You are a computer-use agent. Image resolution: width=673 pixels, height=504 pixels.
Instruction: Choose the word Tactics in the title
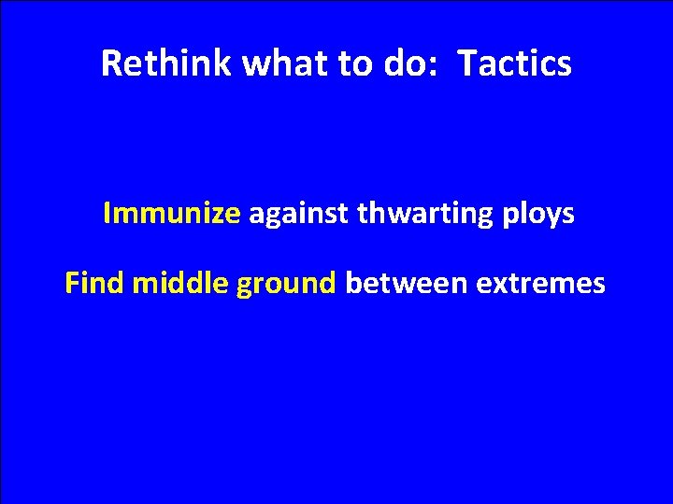[x=517, y=63]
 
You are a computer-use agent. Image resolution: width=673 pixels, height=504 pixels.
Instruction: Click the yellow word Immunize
[x=172, y=215]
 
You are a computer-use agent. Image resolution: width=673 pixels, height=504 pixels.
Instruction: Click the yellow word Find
[x=95, y=283]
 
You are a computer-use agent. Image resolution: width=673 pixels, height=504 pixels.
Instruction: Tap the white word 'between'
[x=407, y=283]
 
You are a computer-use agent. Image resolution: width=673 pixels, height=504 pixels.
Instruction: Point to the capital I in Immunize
[x=107, y=215]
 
